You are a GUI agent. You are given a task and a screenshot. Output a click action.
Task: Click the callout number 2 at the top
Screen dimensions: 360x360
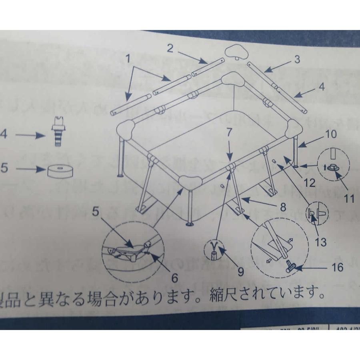click(170, 49)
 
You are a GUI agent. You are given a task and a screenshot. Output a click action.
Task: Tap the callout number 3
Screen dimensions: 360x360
click(296, 60)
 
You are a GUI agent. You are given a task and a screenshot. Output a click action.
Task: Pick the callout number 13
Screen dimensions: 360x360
click(320, 242)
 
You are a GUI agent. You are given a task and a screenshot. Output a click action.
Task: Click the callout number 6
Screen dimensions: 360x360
click(174, 277)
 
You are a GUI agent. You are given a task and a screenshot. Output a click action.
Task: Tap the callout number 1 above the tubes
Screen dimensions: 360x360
click(128, 58)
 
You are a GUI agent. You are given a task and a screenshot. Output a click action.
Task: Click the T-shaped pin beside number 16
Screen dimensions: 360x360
click(290, 266)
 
